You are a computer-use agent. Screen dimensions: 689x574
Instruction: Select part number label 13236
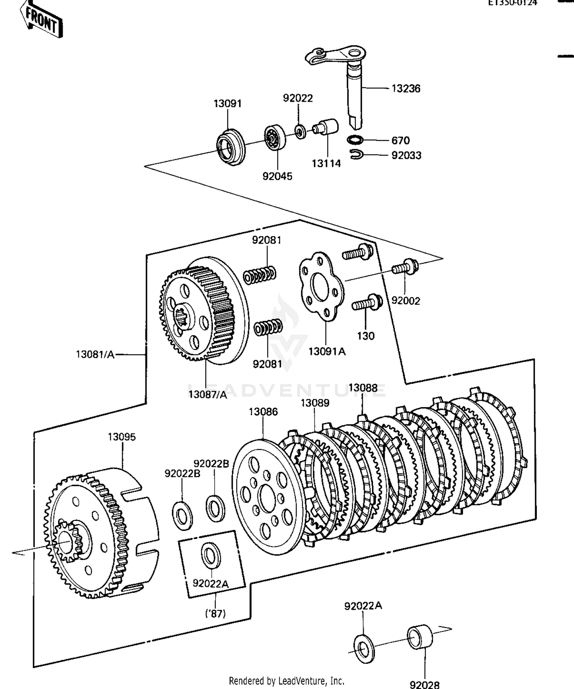pyautogui.click(x=406, y=89)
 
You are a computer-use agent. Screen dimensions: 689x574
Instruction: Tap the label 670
pyautogui.click(x=400, y=140)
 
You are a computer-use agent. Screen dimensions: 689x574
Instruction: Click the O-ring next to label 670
pyautogui.click(x=355, y=140)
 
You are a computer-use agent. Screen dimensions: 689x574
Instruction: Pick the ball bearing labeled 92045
pyautogui.click(x=275, y=137)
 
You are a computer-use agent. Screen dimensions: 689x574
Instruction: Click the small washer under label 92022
pyautogui.click(x=300, y=132)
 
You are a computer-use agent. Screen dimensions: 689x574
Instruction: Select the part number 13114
pyautogui.click(x=326, y=164)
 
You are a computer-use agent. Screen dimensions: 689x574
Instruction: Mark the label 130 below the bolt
pyautogui.click(x=366, y=336)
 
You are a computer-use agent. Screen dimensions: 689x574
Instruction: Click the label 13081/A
pyautogui.click(x=95, y=355)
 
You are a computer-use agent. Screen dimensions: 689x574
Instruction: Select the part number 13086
pyautogui.click(x=263, y=412)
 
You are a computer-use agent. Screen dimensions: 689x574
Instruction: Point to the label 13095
pyautogui.click(x=122, y=437)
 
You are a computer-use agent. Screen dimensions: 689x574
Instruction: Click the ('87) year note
pyautogui.click(x=215, y=614)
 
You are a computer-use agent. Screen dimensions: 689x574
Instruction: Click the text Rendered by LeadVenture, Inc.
pyautogui.click(x=287, y=681)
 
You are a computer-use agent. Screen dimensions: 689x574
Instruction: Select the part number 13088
pyautogui.click(x=363, y=388)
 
